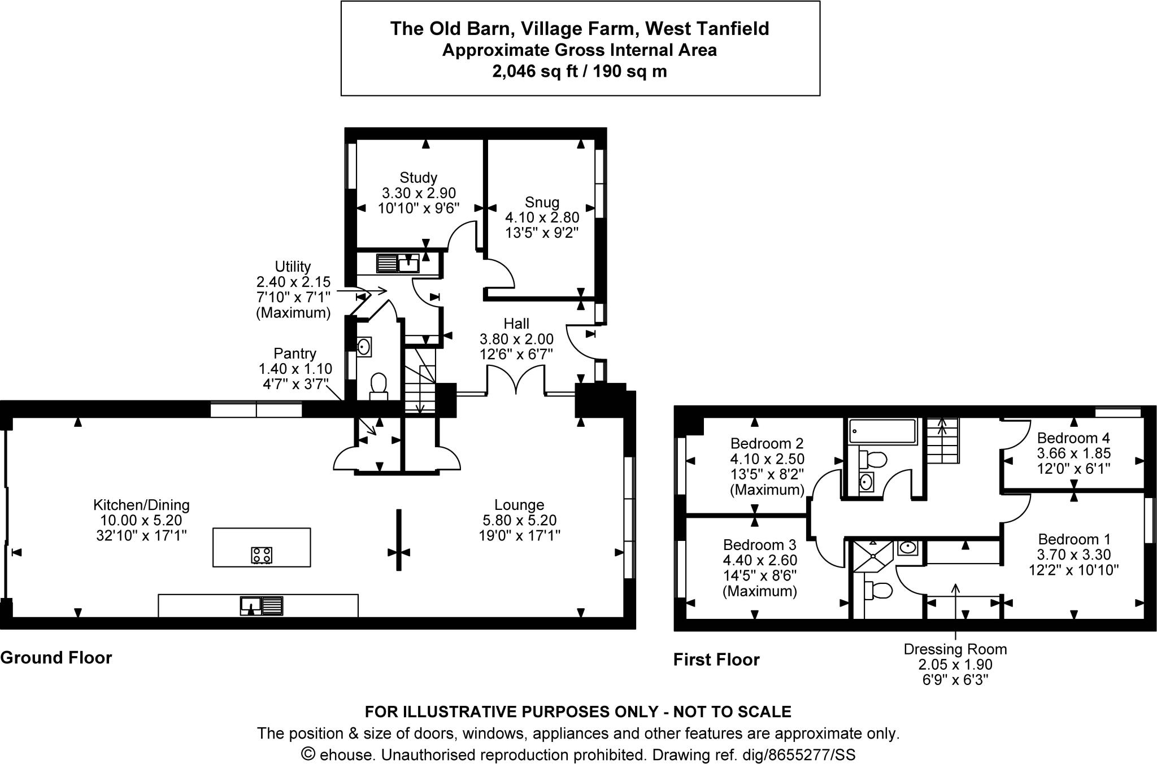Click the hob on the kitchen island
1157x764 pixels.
(x=262, y=555)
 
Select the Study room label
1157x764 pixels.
(x=418, y=178)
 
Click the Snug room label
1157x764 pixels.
(x=542, y=202)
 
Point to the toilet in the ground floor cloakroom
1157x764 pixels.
(x=378, y=385)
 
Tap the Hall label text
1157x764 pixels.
(x=516, y=324)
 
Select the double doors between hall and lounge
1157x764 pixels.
(x=516, y=379)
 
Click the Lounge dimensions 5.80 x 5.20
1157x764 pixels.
(x=519, y=520)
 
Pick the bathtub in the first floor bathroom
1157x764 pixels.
(x=882, y=431)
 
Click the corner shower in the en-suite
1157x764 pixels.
(x=872, y=556)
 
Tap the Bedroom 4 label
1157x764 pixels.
(x=1073, y=438)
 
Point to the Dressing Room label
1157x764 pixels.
(x=955, y=649)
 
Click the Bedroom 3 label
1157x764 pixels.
(x=759, y=545)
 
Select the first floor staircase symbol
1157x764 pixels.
(x=942, y=441)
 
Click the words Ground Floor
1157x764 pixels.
(x=56, y=658)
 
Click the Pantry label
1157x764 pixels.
(x=294, y=353)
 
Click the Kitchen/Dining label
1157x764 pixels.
(x=141, y=505)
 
